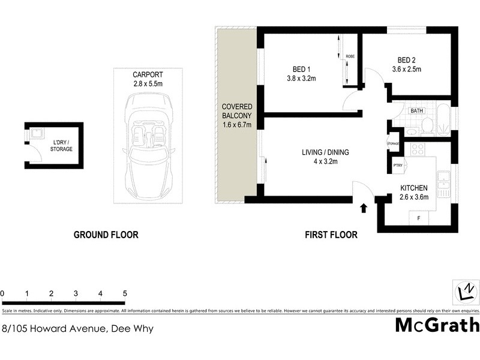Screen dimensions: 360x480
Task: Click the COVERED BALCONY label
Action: pos(236,115)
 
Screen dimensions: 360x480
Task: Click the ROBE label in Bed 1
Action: pos(350,56)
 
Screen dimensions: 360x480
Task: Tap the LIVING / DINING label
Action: pos(325,157)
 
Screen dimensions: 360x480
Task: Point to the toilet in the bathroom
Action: pos(427,125)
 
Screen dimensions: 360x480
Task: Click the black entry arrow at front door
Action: pos(364,208)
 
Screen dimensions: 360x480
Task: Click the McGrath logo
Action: pos(437,325)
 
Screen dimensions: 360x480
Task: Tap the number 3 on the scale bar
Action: pos(76,293)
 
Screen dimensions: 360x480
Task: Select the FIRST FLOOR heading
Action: pos(331,235)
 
